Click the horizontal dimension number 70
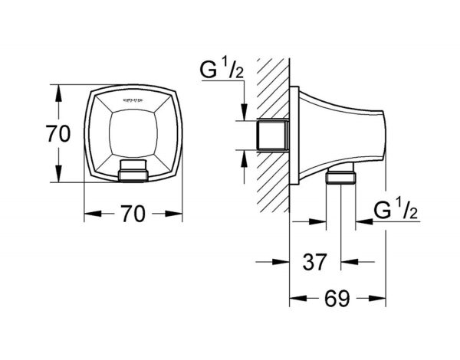133,215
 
